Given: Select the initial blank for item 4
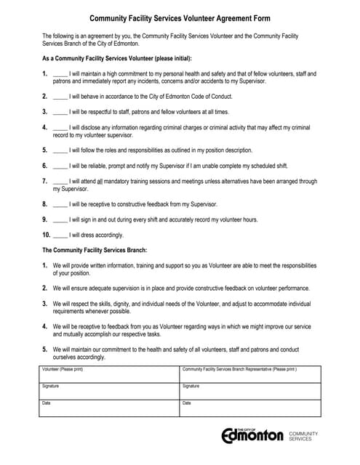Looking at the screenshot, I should click(x=60, y=128).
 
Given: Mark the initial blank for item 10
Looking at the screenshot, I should click(x=60, y=235).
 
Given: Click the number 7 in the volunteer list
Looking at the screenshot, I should click(x=44, y=181).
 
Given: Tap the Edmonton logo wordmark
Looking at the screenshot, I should click(x=252, y=436).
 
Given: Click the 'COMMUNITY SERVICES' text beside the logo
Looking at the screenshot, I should click(x=304, y=436).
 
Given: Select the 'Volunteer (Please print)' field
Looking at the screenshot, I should click(x=108, y=373).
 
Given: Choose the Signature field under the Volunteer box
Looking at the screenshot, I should click(x=108, y=390).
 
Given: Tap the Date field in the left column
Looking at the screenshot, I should click(x=108, y=407).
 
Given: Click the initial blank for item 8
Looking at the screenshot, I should click(x=60, y=204).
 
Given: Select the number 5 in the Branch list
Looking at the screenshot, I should click(x=44, y=349).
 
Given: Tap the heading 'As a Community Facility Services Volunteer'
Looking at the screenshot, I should click(x=109, y=58).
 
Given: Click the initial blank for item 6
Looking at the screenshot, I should click(x=60, y=166).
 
